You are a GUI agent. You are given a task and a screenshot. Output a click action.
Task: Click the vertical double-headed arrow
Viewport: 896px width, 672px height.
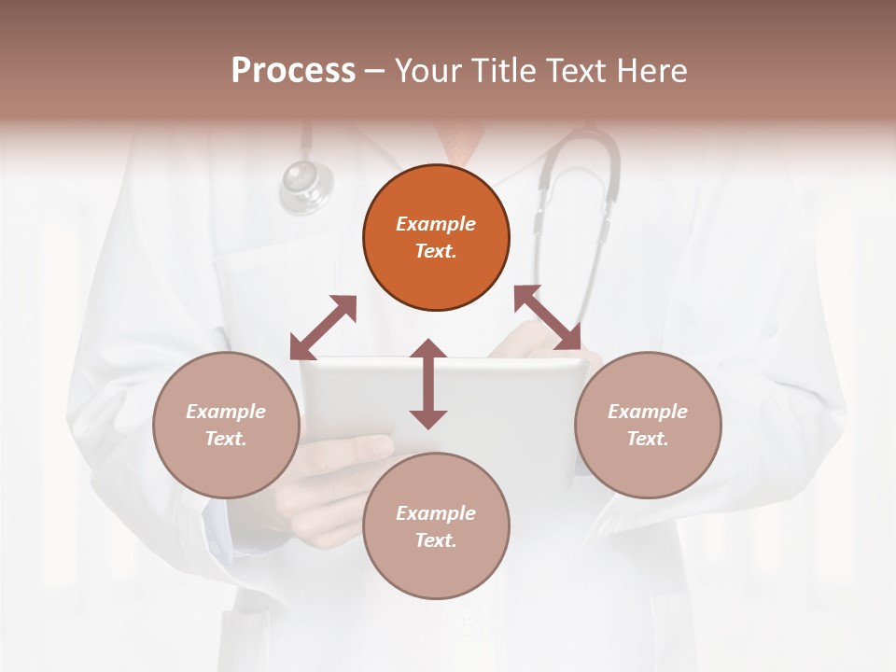tap(428, 384)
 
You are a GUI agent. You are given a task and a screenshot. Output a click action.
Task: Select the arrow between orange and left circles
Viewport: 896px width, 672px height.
tap(323, 328)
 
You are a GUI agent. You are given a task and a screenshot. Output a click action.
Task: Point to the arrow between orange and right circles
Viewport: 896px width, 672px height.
tap(547, 317)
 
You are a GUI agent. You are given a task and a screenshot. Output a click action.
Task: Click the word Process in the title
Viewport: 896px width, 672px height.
tap(293, 70)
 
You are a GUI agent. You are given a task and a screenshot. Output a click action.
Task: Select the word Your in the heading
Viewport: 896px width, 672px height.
tap(428, 70)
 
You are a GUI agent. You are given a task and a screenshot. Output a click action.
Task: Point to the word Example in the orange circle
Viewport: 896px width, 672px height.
tap(436, 224)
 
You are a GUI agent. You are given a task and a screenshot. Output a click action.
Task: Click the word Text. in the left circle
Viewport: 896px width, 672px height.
tap(226, 439)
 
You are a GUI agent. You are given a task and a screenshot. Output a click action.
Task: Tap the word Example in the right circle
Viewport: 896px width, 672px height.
tap(648, 412)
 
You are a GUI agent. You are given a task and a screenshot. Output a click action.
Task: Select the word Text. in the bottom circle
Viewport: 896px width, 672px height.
tap(436, 540)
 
